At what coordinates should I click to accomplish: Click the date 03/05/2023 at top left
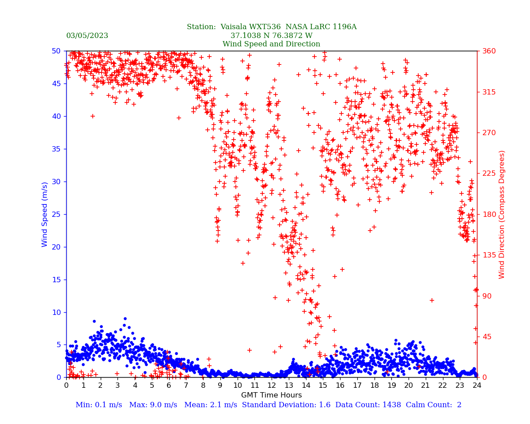tap(87, 36)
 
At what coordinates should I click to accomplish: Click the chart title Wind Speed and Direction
tap(271, 44)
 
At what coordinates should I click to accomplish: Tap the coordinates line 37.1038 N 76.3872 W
tap(271, 36)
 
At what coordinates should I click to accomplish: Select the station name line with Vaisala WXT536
tap(271, 27)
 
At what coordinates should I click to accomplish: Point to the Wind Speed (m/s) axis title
tap(45, 214)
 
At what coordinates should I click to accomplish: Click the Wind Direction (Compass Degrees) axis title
tap(502, 214)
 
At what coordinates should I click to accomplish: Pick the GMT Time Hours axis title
tap(271, 395)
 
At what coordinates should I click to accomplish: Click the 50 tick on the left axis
tap(56, 51)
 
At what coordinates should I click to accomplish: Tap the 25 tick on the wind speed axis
tap(56, 214)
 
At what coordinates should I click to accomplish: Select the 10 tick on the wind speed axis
tap(56, 312)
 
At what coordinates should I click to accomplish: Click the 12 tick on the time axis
tap(272, 386)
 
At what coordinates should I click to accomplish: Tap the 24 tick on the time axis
tap(477, 386)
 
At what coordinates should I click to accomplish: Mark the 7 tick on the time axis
tap(186, 386)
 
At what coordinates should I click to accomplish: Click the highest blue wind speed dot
tap(125, 318)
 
